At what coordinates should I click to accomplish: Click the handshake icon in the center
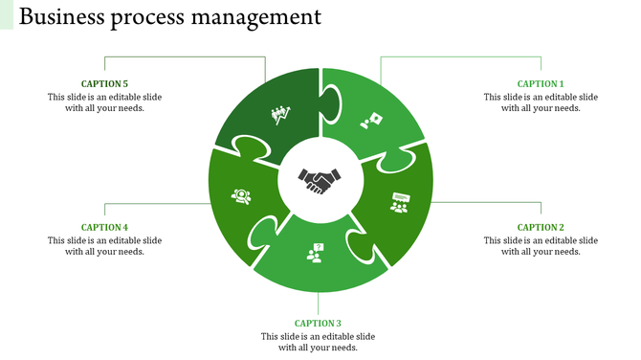(x=320, y=180)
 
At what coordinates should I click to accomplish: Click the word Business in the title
(x=63, y=16)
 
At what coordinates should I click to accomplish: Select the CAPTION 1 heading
(x=541, y=84)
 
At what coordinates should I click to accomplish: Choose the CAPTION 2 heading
(x=541, y=227)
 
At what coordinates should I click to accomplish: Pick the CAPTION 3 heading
(x=318, y=324)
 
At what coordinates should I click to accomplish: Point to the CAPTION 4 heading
(x=104, y=227)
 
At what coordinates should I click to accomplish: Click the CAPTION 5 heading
(x=104, y=84)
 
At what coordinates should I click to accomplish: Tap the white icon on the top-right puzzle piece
(x=371, y=121)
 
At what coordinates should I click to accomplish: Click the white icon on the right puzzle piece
(x=400, y=202)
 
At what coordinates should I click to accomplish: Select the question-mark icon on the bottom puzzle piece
(x=315, y=253)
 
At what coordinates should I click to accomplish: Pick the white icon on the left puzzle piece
(x=241, y=196)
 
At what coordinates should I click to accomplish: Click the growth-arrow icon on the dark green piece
(x=280, y=116)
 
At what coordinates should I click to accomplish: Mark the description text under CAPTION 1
(x=541, y=102)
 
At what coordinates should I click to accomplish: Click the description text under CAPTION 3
(x=318, y=342)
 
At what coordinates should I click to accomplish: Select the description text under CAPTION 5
(x=104, y=102)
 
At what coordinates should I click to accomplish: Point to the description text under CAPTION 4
(x=104, y=245)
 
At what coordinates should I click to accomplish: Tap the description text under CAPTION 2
(x=541, y=245)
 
